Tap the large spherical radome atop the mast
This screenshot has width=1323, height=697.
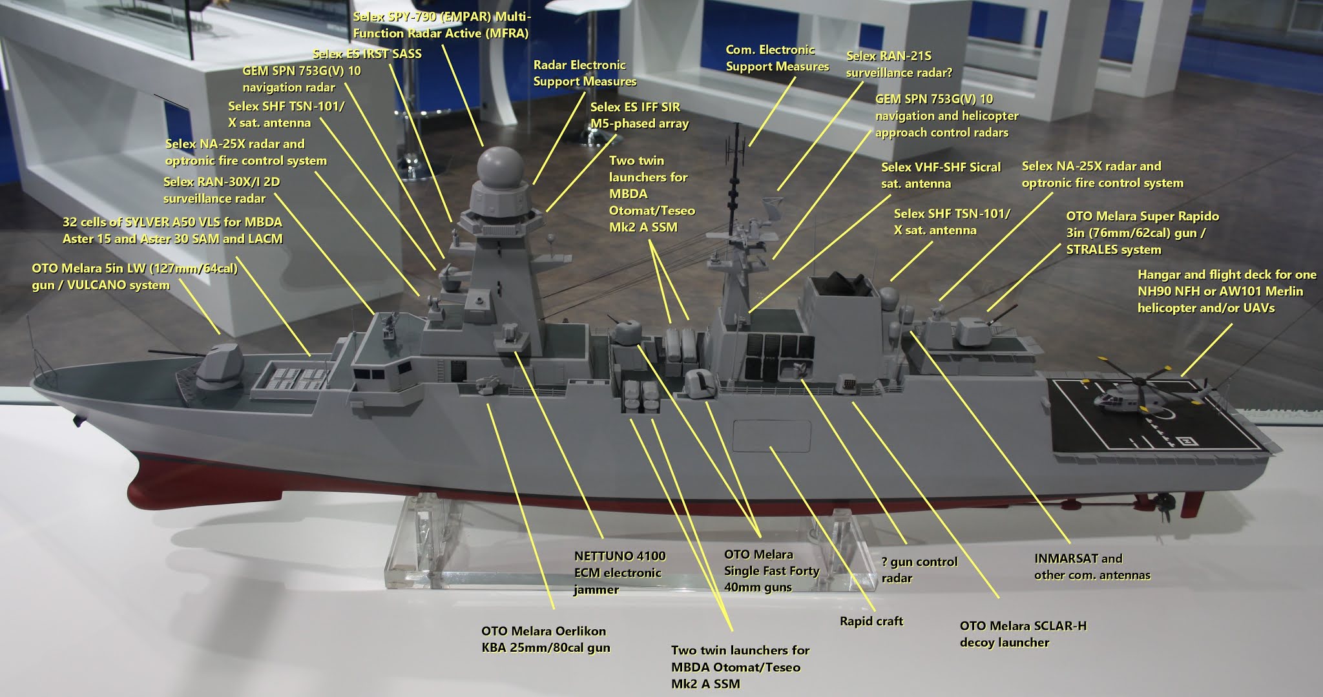(499, 165)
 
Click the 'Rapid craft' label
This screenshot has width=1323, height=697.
(871, 621)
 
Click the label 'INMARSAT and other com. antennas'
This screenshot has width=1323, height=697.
(1092, 567)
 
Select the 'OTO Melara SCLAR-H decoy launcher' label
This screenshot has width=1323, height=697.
(1023, 634)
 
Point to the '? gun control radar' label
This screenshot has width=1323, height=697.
(919, 569)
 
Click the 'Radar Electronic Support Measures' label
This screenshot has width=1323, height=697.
(585, 73)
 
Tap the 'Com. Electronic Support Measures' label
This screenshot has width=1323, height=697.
(777, 58)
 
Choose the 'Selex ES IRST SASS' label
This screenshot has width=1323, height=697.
(366, 54)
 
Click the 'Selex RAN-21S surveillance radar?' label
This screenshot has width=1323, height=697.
(899, 65)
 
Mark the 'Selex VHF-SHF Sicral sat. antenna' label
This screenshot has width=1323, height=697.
(941, 175)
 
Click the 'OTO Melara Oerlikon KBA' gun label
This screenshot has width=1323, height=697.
(545, 639)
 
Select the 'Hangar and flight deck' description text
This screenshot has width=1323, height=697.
(1227, 291)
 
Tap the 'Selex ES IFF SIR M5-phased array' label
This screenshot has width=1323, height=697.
(639, 115)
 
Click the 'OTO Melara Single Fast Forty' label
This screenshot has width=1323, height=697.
(771, 571)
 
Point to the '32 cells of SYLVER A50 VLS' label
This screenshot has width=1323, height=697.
(172, 230)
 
